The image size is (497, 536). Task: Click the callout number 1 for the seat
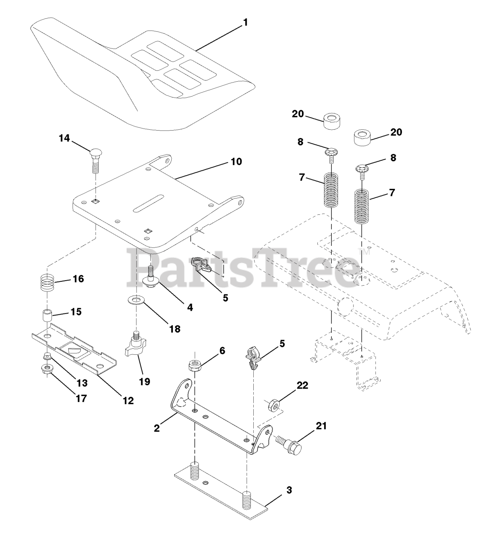(x=245, y=23)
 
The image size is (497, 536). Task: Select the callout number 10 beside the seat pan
(x=236, y=161)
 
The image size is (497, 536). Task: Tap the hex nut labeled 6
(x=194, y=365)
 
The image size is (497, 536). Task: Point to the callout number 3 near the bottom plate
(x=289, y=490)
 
